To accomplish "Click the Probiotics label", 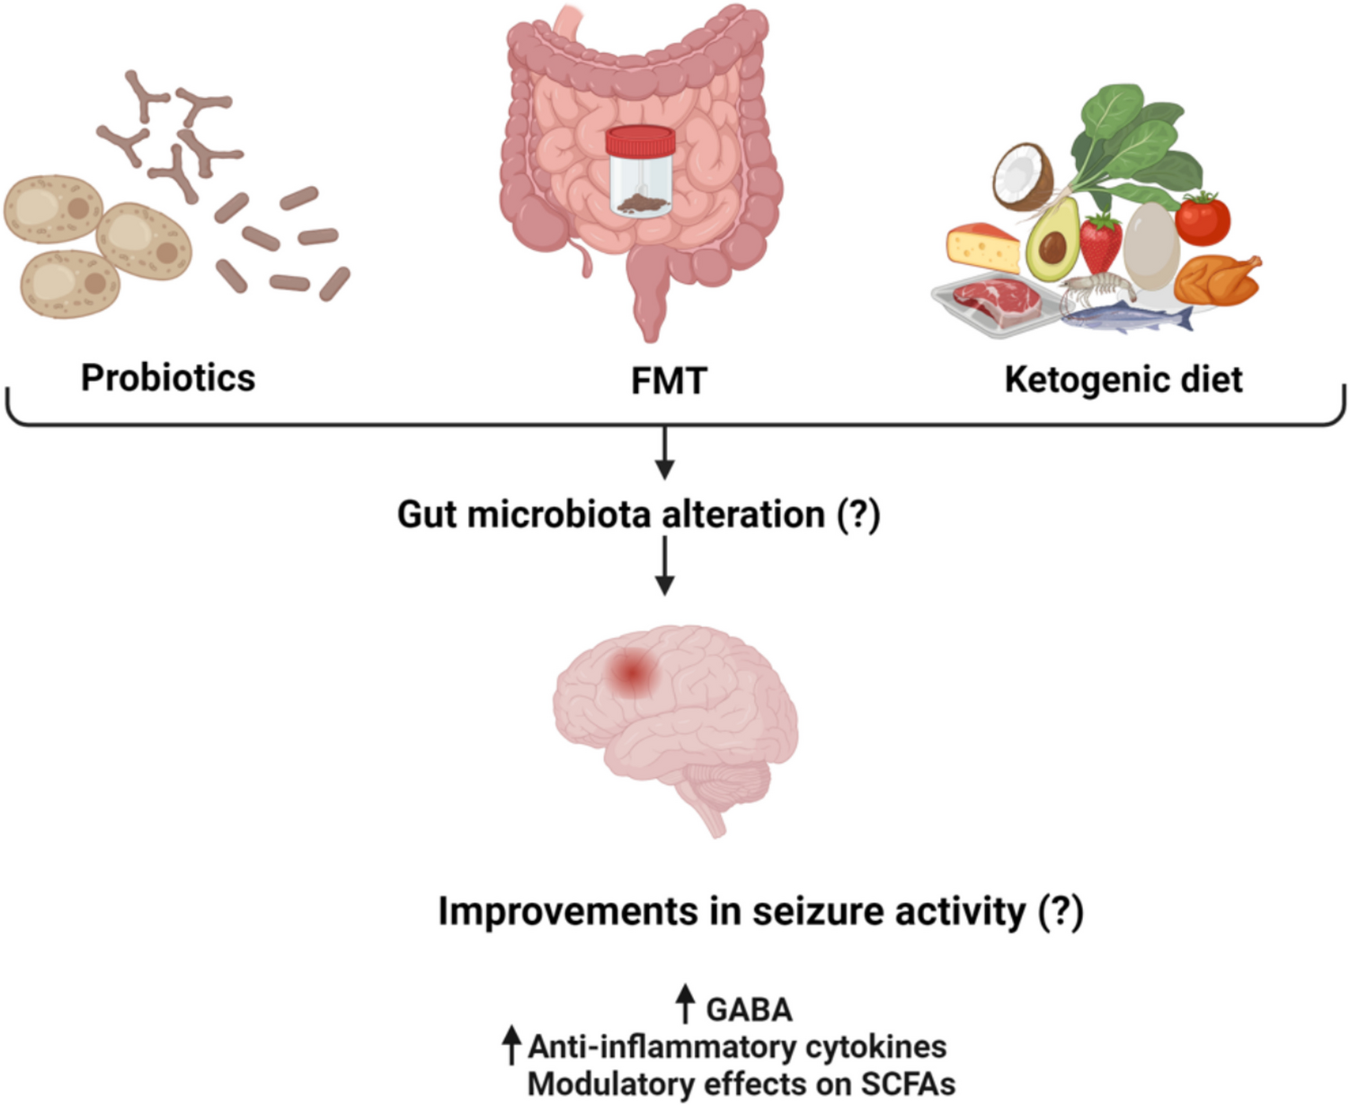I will click(168, 377).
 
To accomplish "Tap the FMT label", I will click(669, 381).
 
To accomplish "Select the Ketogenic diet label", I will click(1124, 379).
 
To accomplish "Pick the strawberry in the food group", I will click(1101, 243).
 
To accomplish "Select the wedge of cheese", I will click(981, 246).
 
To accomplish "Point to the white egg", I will click(1150, 244).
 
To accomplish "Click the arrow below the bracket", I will click(664, 453).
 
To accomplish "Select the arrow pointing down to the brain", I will click(664, 566).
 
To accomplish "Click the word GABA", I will click(749, 1010).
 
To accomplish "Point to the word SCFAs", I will click(908, 1083).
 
